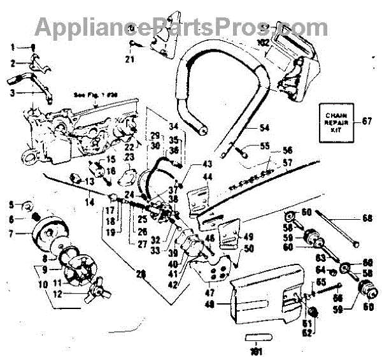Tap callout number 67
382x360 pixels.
click(366, 120)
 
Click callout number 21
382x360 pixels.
click(130, 60)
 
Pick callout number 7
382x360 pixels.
click(11, 233)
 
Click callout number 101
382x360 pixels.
click(256, 350)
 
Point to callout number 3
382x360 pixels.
click(11, 92)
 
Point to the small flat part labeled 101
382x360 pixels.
click(256, 336)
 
